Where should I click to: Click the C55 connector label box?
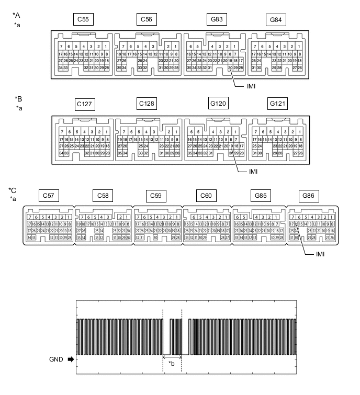(x=83, y=20)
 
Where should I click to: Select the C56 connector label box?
(x=147, y=20)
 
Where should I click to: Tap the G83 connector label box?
(x=217, y=20)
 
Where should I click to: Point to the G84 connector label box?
(x=275, y=20)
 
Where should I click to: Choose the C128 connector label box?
(x=147, y=104)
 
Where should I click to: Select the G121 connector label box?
(x=278, y=104)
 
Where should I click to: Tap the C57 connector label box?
(x=49, y=196)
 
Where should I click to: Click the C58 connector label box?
(x=103, y=196)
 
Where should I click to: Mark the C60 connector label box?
(x=206, y=196)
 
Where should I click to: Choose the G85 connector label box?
(x=259, y=196)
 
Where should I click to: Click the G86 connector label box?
(x=309, y=196)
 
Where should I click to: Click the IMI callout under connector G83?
(x=251, y=86)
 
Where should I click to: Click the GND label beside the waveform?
(x=56, y=359)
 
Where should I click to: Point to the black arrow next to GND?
(x=70, y=359)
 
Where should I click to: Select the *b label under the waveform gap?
(x=171, y=363)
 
